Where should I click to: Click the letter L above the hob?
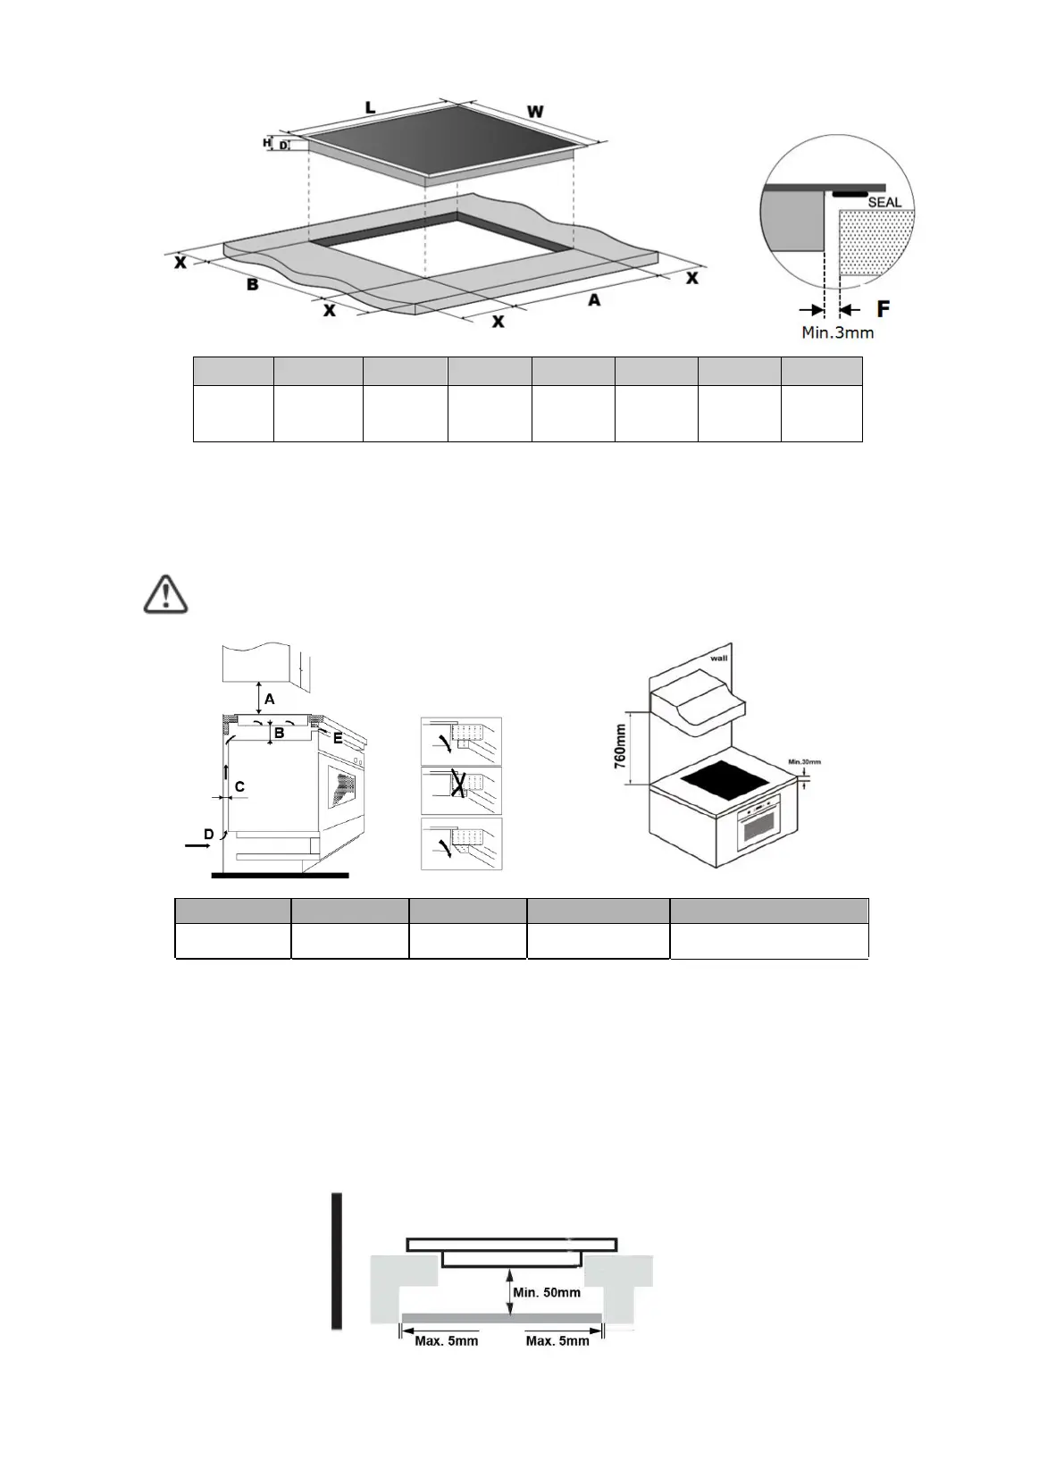(370, 107)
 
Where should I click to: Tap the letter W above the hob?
(535, 112)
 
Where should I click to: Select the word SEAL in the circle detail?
(884, 202)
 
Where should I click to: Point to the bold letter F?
(884, 309)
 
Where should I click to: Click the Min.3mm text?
(837, 332)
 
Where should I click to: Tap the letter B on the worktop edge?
(253, 284)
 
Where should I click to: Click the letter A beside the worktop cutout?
(594, 301)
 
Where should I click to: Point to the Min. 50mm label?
(547, 1292)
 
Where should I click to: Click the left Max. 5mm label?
(447, 1340)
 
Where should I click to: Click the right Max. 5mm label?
(557, 1340)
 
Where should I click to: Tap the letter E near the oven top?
(338, 738)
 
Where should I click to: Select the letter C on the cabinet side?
(239, 787)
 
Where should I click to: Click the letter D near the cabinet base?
(208, 835)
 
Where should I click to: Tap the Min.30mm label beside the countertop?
(804, 762)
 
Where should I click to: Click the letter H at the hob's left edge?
(266, 142)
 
